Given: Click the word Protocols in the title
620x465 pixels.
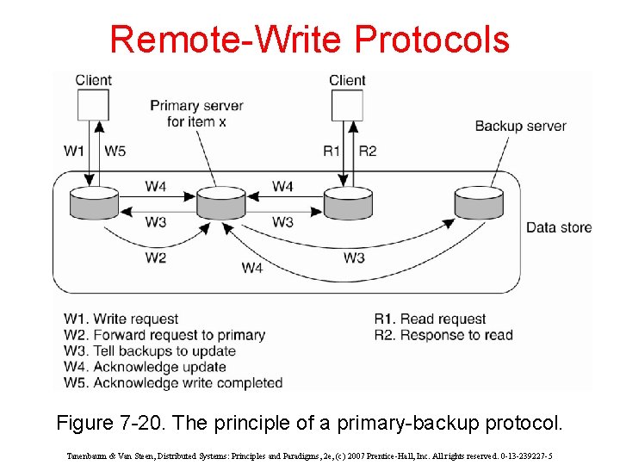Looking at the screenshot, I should pos(431,40).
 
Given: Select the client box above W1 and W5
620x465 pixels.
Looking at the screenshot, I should pos(93,105).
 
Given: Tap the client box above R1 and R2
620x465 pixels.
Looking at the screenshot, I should pos(347,105).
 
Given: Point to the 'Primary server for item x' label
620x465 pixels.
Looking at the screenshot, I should pos(196,114).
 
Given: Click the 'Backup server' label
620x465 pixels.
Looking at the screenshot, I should pos(520,126).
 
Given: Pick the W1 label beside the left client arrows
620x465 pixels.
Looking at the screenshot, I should pos(74,151).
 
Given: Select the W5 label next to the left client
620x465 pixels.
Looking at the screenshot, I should pos(115,151).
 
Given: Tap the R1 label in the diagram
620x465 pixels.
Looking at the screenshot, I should pos(331,151).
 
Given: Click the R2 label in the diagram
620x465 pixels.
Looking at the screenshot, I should pos(368,151).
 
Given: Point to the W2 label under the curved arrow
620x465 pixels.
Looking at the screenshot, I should pos(156,257).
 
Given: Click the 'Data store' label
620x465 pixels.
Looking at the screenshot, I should pos(559,227).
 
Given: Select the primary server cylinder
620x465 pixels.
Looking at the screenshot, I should pos(221,204).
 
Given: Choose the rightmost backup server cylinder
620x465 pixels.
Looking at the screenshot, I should pos(479,203).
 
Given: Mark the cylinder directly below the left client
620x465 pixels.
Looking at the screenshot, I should pos(94,203).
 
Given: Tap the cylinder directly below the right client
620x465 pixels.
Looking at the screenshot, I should pos(348,203).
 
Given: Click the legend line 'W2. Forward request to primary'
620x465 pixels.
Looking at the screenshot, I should pos(164,335).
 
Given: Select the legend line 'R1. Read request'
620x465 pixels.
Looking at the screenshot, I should pos(431,319).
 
